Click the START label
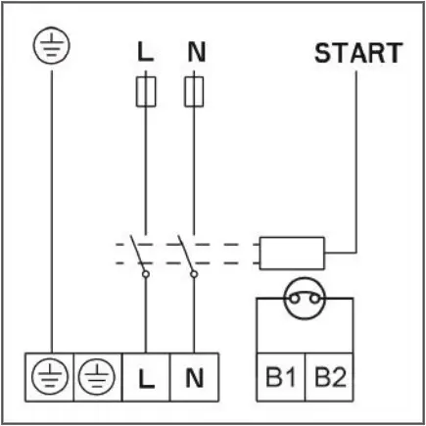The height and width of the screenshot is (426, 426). (x=358, y=53)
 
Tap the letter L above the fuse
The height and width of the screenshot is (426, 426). (x=145, y=52)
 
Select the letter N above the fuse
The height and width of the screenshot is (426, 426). (x=197, y=52)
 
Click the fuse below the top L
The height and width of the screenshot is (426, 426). (x=146, y=92)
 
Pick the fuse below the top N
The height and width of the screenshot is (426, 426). (x=194, y=92)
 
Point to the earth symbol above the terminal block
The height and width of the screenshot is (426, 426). (x=52, y=45)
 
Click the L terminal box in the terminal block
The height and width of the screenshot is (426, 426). (x=146, y=377)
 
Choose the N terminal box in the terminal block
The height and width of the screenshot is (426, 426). (x=194, y=377)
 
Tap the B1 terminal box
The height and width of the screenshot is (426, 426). (x=281, y=377)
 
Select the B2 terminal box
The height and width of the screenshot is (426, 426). (x=329, y=377)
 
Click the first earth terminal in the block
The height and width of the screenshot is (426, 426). (x=50, y=377)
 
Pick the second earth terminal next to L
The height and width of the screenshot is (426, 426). (x=98, y=377)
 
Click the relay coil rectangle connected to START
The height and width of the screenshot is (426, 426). (x=292, y=254)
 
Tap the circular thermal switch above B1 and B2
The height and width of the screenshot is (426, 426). (x=305, y=299)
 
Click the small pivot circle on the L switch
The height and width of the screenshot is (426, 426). (x=146, y=274)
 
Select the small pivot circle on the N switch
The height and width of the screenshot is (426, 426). (x=194, y=274)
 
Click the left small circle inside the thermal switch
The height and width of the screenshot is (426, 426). (x=294, y=299)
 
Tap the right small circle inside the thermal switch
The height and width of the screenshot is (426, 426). (x=315, y=299)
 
